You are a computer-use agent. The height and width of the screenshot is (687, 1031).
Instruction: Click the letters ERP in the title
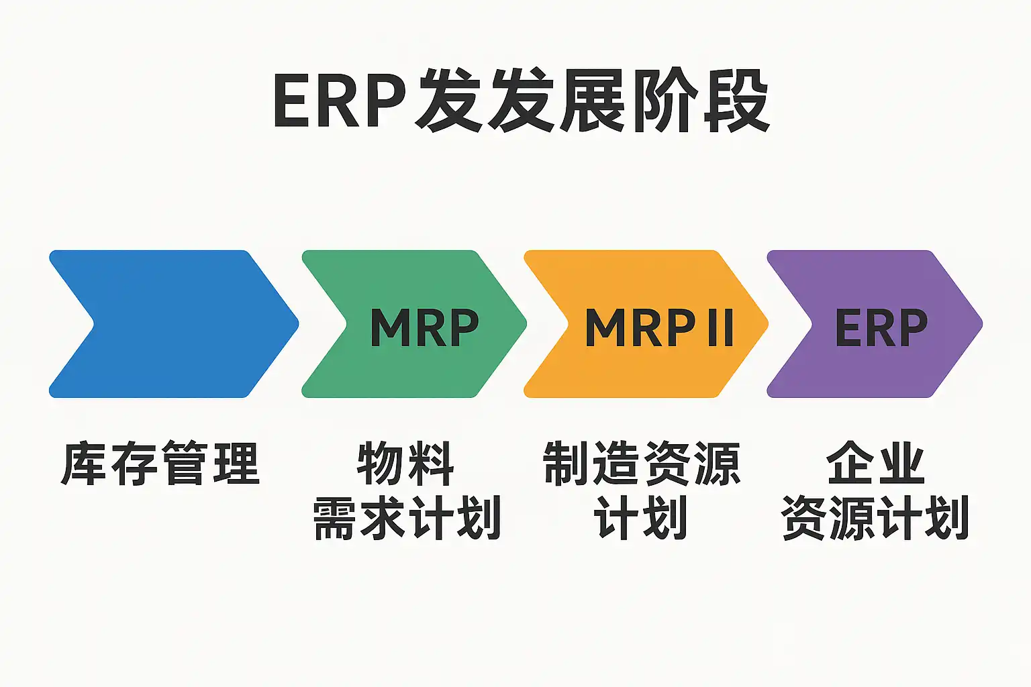coord(340,101)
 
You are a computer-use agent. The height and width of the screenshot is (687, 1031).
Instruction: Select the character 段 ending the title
coord(736,101)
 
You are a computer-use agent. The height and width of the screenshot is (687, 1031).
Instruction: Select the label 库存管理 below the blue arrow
coord(160,464)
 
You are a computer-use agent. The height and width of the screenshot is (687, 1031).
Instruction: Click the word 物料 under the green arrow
coord(405,464)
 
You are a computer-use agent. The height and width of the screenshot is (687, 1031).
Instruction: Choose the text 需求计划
coord(407,518)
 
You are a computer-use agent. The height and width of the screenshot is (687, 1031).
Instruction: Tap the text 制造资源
coord(642,464)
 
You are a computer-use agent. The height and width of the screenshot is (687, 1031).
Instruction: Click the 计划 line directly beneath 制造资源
coord(641,518)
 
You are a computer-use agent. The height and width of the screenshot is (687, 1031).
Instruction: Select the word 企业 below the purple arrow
coord(875,464)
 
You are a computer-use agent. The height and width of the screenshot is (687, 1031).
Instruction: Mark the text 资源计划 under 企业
coord(875,518)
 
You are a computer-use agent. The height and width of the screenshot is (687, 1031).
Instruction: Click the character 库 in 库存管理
coord(85,464)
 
